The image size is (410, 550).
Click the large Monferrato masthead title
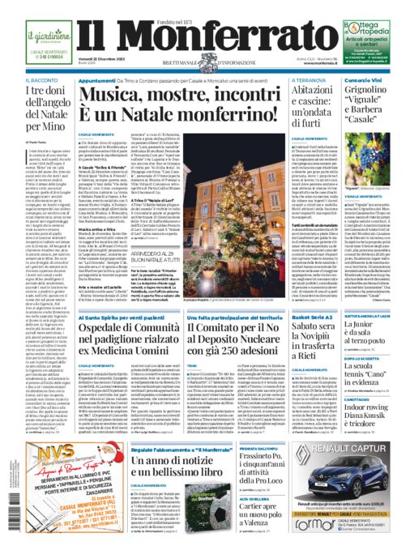204,36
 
